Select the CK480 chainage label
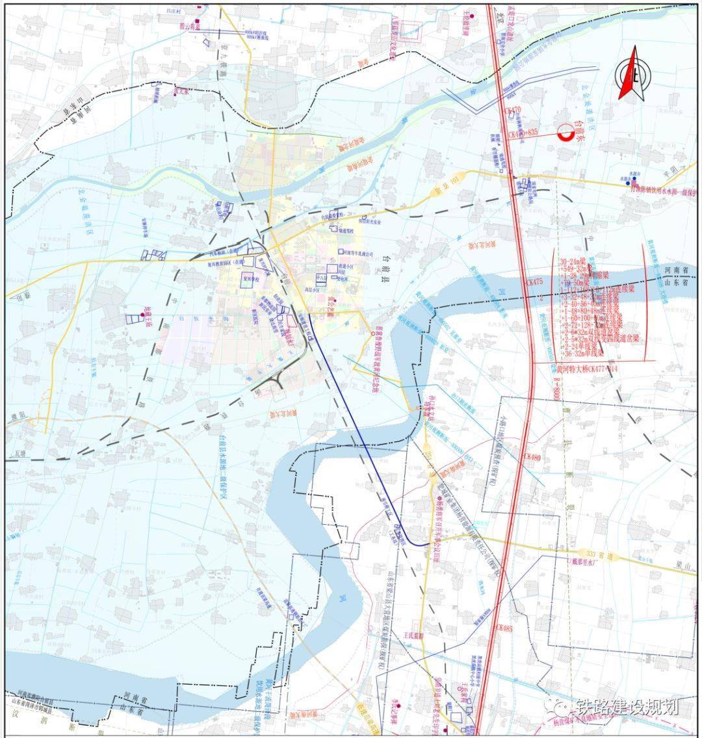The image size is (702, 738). click(532, 457)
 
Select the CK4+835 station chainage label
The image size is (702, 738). click(525, 133)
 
